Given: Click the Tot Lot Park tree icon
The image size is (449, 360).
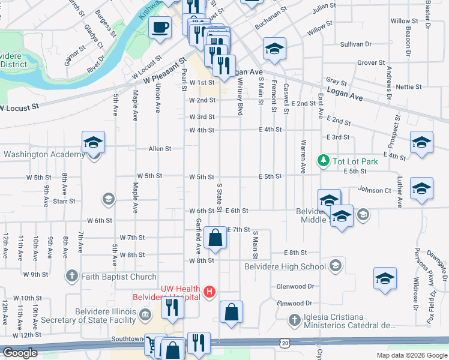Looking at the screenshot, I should [x=324, y=161].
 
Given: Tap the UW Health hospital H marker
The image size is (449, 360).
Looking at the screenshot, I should [x=209, y=292].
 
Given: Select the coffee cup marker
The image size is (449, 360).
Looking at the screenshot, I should [x=160, y=28].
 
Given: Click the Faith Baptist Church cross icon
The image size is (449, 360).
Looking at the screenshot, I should [x=71, y=277].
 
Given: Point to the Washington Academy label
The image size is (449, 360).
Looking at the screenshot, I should [x=44, y=155].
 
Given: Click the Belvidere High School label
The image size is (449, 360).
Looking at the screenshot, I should [x=285, y=266].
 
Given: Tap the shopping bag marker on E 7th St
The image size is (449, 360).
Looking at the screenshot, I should [x=215, y=238].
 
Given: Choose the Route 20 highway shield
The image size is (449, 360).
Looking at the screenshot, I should [x=284, y=341].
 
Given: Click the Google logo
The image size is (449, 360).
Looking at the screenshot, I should [x=20, y=353].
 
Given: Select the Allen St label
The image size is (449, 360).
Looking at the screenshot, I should [x=160, y=148].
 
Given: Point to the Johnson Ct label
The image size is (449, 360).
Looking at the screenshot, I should [x=374, y=190].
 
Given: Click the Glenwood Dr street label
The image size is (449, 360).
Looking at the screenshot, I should [x=295, y=287].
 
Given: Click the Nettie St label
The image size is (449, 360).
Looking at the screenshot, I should [x=409, y=87].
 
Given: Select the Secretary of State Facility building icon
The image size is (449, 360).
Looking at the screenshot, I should [x=145, y=314].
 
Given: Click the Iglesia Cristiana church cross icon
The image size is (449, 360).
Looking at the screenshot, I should [x=294, y=320].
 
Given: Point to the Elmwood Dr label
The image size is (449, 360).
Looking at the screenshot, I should [x=295, y=304].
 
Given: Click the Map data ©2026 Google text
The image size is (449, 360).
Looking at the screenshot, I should [x=411, y=355].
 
